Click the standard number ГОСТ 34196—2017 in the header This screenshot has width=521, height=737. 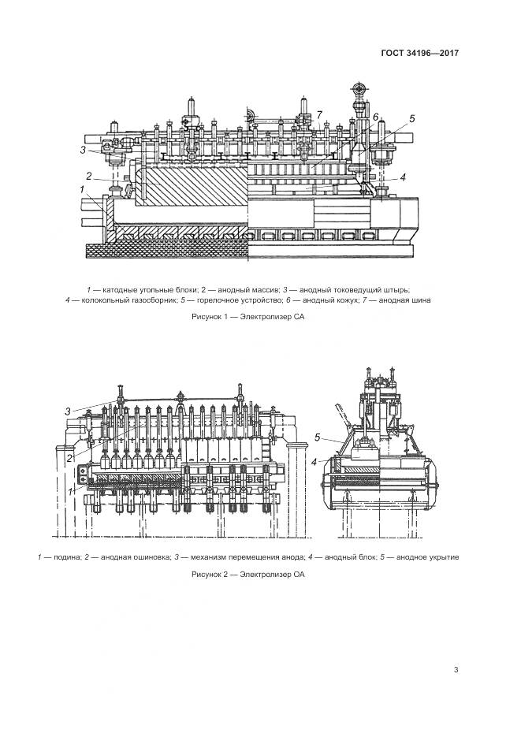tap(420, 54)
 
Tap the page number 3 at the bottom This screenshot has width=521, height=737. tap(456, 670)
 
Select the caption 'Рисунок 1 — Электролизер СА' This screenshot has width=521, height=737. tap(247, 317)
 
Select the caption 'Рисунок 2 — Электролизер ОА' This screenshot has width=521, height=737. tap(247, 575)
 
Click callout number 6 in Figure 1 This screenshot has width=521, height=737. tap(376, 117)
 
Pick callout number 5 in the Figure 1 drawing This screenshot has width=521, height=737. tap(411, 119)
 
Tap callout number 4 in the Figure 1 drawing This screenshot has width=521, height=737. tap(402, 177)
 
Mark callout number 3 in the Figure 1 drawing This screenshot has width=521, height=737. tap(83, 149)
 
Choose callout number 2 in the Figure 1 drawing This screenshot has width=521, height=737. tap(89, 176)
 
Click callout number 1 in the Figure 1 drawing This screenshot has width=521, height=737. tap(83, 190)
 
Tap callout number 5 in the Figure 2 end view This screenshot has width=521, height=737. tap(317, 437)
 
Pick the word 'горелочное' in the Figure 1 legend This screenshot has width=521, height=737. tap(218, 300)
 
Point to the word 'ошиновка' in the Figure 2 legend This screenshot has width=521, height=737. tap(150, 557)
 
